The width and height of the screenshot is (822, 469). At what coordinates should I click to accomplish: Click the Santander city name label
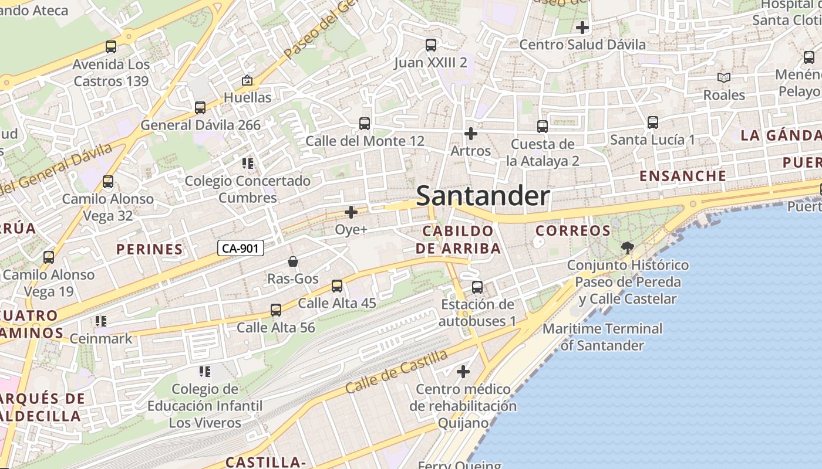(483, 196)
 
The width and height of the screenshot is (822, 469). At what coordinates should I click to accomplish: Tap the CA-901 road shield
(241, 248)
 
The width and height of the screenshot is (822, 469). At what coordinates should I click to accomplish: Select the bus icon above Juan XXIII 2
(430, 45)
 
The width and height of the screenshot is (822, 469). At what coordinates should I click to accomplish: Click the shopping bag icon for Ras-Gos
(292, 261)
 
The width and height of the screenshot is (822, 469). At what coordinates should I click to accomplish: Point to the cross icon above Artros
(470, 134)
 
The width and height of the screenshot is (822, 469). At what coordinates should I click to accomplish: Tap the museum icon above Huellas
(247, 80)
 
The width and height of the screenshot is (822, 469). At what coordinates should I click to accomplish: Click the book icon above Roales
(724, 77)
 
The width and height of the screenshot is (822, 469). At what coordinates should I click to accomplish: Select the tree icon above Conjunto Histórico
(627, 247)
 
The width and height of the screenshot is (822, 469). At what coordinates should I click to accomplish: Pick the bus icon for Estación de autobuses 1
(477, 287)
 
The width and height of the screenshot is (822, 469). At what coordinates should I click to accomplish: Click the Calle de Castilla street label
(396, 371)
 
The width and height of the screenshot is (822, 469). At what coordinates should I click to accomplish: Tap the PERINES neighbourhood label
(150, 249)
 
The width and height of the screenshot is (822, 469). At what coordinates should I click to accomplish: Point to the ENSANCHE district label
(683, 176)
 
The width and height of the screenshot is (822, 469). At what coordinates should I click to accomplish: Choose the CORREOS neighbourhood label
(573, 231)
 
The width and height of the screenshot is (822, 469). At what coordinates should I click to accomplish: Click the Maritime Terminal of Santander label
(602, 337)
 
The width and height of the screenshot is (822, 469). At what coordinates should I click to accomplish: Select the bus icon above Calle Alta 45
(336, 286)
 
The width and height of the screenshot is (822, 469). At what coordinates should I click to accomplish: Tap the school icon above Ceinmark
(101, 321)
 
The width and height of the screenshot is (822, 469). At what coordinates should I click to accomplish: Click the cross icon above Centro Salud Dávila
(582, 27)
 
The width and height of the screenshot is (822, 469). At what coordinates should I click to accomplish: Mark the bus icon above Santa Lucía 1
(652, 123)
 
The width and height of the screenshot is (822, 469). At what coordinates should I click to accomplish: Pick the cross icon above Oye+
(351, 212)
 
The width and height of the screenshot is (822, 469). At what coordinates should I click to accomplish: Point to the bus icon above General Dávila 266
(200, 108)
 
